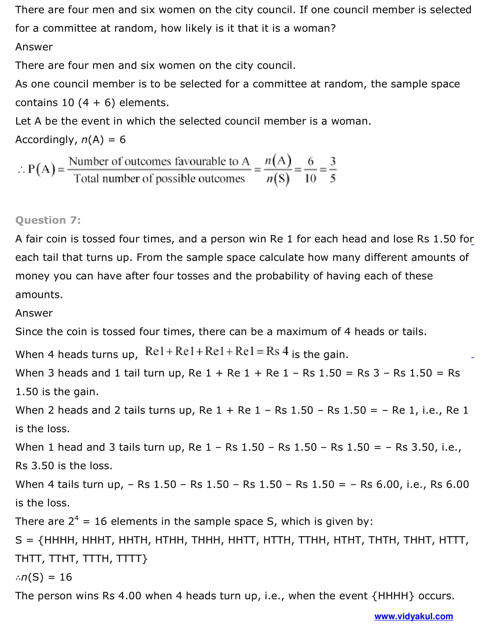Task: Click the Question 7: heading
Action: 48,220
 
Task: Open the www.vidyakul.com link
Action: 413,616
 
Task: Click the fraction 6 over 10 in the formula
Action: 310,170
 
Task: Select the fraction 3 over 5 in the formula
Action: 332,170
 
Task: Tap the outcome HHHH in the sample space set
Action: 60,540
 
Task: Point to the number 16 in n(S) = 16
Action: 66,577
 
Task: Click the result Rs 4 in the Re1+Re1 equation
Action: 277,351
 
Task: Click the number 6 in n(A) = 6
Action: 122,140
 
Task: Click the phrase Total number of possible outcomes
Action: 159,179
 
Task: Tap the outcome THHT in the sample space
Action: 418,540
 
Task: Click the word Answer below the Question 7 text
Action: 34,313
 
